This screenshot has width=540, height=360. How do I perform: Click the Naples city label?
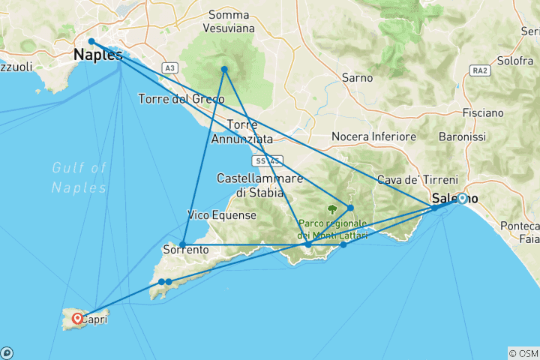point(98,55)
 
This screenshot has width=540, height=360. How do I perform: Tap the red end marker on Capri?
point(77,319)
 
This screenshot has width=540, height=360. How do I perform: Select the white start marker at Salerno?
point(462,199)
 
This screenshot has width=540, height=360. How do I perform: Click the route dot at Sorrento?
point(183,244)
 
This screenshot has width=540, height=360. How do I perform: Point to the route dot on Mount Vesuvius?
point(223,70)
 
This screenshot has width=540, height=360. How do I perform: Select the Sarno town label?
point(357,77)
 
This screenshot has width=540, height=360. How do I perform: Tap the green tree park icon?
point(332,210)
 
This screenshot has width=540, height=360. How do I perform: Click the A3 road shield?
point(172,68)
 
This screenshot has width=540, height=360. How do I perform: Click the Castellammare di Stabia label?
point(259,185)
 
